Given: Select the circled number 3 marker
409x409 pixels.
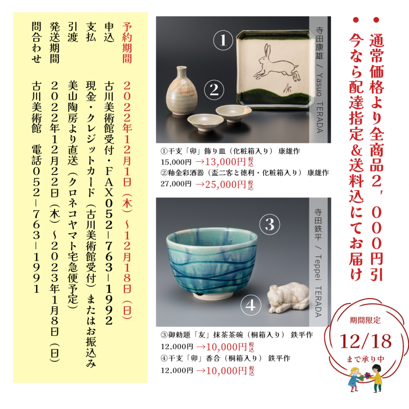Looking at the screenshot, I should [270, 225].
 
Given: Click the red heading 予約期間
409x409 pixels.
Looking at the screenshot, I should [127, 42].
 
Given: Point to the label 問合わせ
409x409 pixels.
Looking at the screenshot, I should [36, 42].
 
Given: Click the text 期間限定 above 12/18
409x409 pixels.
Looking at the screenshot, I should [365, 320].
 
